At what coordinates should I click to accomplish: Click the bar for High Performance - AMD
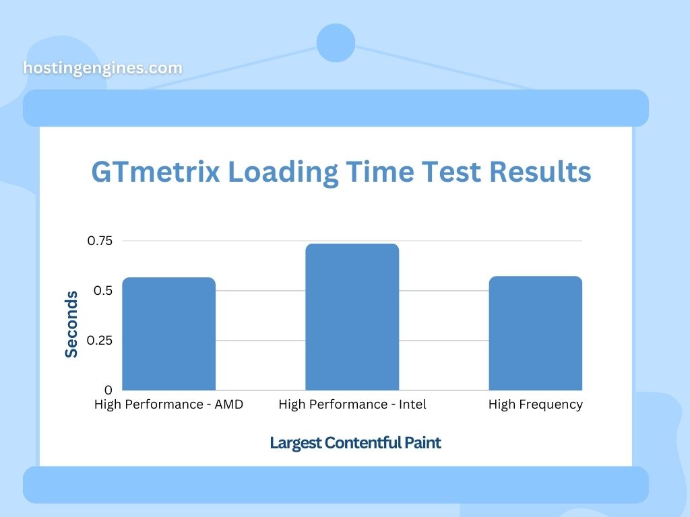(169, 334)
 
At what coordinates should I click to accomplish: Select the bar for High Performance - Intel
(352, 316)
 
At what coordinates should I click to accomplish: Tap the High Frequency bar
(536, 333)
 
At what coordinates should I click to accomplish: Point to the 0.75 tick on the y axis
(100, 240)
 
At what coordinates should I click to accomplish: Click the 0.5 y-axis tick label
(103, 291)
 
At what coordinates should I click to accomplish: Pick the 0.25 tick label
(100, 340)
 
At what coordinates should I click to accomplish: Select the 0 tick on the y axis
(108, 390)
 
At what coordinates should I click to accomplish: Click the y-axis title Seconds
(71, 324)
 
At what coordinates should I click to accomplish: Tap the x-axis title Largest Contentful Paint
(356, 443)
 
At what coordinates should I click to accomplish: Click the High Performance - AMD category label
(168, 405)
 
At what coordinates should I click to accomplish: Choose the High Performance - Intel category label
(352, 405)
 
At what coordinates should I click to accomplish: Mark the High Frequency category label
(536, 405)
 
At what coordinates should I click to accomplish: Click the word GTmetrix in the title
(156, 172)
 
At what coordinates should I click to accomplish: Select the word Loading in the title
(283, 172)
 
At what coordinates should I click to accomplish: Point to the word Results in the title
(540, 172)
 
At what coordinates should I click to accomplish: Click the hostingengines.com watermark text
(102, 68)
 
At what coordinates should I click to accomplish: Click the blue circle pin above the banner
(336, 42)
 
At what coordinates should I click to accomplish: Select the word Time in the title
(380, 172)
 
